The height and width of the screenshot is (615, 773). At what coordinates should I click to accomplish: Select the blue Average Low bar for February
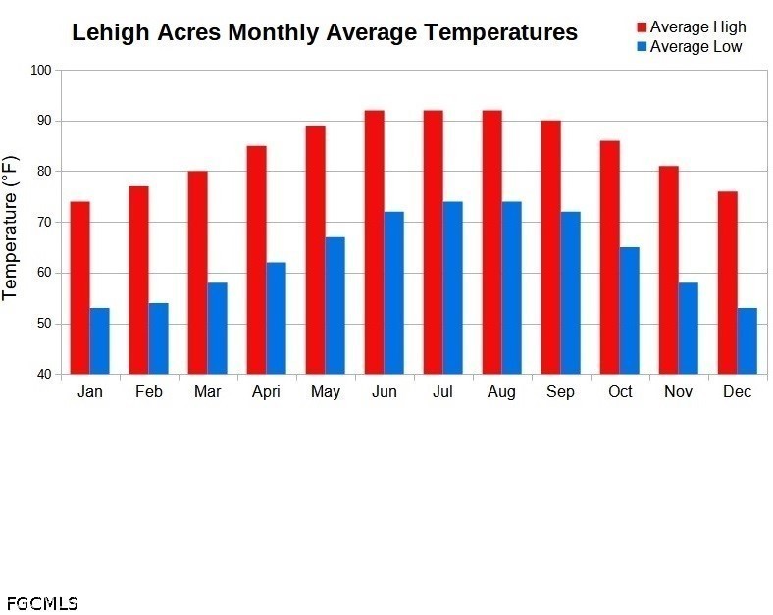(x=158, y=338)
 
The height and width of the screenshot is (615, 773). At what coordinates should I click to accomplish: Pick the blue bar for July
(x=452, y=287)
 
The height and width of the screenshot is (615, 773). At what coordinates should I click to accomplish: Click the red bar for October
(x=609, y=257)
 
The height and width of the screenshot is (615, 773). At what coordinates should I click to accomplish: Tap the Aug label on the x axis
(x=501, y=392)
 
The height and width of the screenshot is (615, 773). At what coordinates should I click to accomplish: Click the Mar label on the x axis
(x=207, y=392)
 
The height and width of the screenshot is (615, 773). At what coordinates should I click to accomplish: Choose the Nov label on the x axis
(x=678, y=392)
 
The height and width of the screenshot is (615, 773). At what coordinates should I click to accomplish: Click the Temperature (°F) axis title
(x=11, y=227)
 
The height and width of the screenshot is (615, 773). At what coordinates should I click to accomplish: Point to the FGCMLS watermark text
(x=41, y=603)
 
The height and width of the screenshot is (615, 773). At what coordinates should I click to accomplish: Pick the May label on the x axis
(x=325, y=392)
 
